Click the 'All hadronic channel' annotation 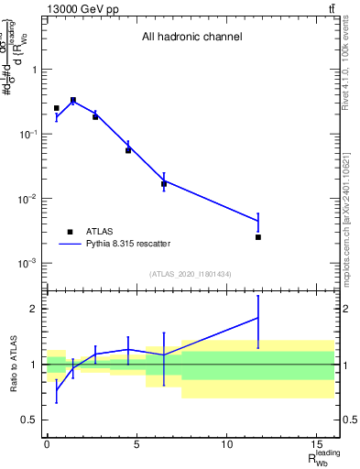coord(191,38)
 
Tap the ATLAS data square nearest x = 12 coord(258,237)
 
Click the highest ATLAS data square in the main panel coord(73,101)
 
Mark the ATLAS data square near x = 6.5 coord(164,184)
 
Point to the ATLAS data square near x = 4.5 coord(128,150)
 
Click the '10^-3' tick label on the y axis coord(28,263)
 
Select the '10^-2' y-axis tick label coord(28,199)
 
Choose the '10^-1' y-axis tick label coord(28,135)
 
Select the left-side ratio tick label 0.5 coord(30,420)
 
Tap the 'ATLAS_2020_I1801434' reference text coord(191,275)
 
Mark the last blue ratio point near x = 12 coord(258,318)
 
